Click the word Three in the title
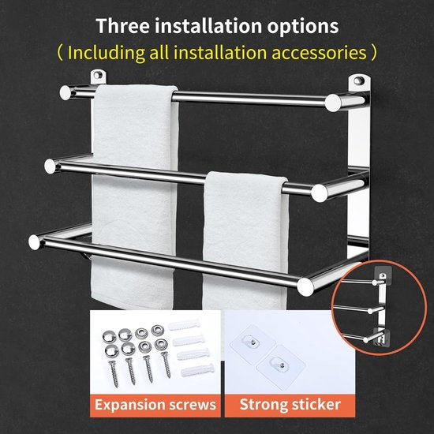coord(122,26)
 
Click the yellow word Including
coord(107,53)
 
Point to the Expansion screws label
coord(155,405)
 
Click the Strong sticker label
coord(290,404)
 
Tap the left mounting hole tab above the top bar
coord(98,77)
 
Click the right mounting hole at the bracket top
coord(359,80)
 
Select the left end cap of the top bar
coord(65,93)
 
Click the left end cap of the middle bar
coord(51,166)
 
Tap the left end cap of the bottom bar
coord(35,242)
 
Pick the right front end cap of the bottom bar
coord(305,286)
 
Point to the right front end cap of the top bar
coord(333,103)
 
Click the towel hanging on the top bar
coord(134,196)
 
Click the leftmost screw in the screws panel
coord(114,374)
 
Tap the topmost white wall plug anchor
coord(184,325)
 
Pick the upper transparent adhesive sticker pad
coord(253,342)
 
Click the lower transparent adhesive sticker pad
coord(281,367)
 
